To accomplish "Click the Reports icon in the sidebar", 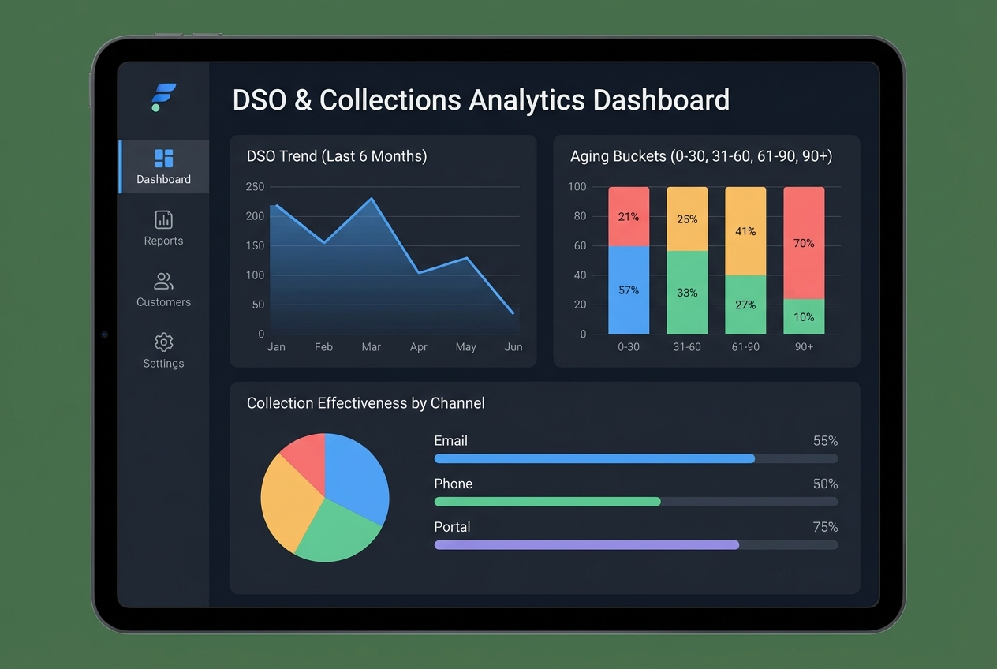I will coord(163,219).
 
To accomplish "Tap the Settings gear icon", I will coord(163,342).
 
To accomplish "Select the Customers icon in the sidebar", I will coord(163,281).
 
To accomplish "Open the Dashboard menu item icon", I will coord(163,158).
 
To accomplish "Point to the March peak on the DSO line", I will coord(372,199).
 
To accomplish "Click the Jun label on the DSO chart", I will coord(513,347).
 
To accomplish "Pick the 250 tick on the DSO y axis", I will coord(255,187).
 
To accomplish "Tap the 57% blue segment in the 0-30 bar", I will coord(629,290).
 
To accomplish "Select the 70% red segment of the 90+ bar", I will coord(804,243).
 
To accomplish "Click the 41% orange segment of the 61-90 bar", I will coord(745,231).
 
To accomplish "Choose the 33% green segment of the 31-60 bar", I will coord(687,293).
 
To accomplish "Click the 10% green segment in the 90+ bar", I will coord(804,317).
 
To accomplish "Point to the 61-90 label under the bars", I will coord(745,347).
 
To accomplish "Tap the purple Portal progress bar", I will coord(586,545).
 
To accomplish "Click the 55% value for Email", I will coord(825,441).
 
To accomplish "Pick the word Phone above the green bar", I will coord(453,484).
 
